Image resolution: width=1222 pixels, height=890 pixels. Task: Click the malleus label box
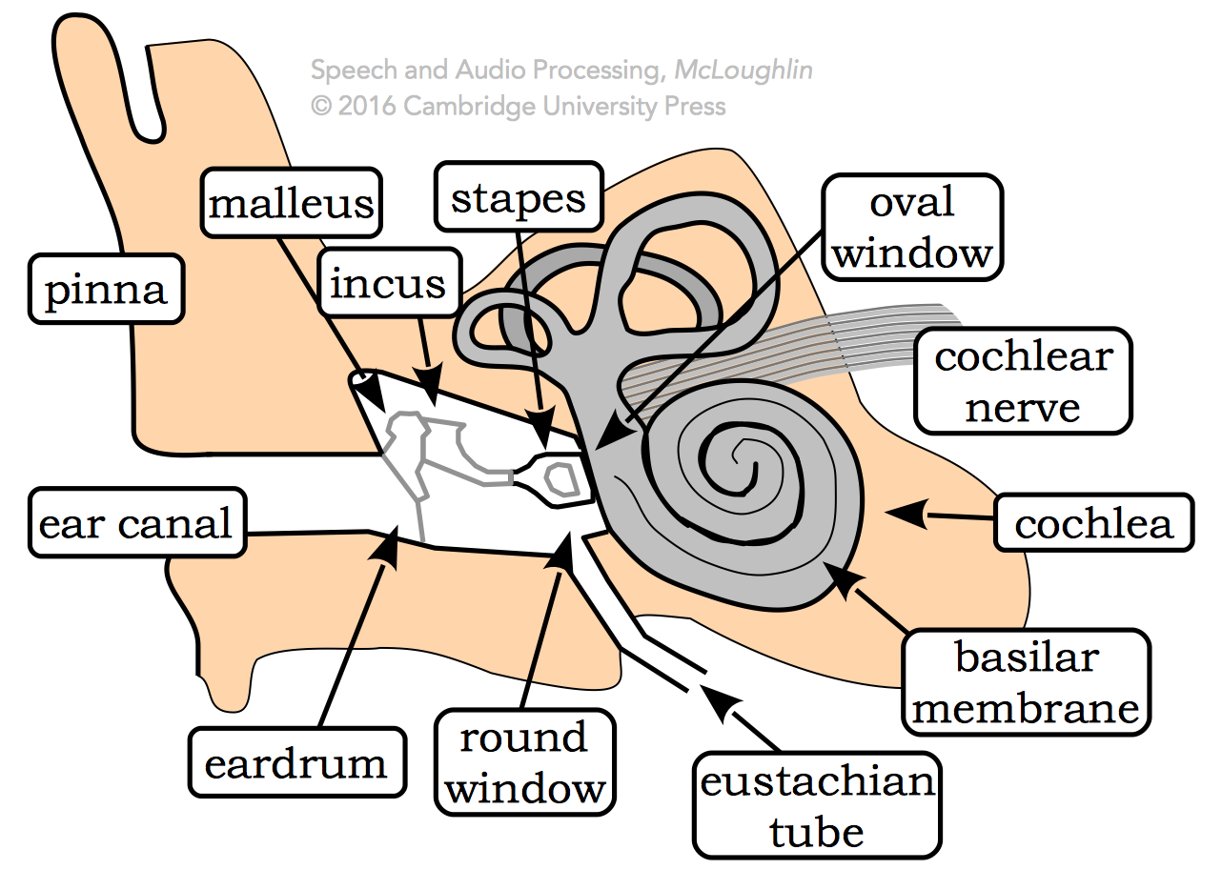point(292,204)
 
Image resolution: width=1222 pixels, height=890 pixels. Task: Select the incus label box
point(388,284)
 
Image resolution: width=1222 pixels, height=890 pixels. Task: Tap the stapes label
point(519,197)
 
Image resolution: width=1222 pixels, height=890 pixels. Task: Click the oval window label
point(912,228)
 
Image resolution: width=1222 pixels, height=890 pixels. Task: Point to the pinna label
point(106,289)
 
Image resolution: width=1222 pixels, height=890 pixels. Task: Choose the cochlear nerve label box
point(1023,382)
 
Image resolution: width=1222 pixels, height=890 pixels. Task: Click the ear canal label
point(135,523)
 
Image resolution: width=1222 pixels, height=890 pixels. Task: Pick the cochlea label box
point(1093,522)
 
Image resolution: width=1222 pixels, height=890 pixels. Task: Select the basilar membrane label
point(1026,682)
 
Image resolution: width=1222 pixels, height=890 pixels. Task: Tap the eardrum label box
point(296,763)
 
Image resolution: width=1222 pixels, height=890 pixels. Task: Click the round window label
point(524,762)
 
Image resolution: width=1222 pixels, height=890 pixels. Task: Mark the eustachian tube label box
point(817,805)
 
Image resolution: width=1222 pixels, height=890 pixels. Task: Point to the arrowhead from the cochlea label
point(901,514)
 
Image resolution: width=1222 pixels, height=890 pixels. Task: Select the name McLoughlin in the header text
point(743,71)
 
